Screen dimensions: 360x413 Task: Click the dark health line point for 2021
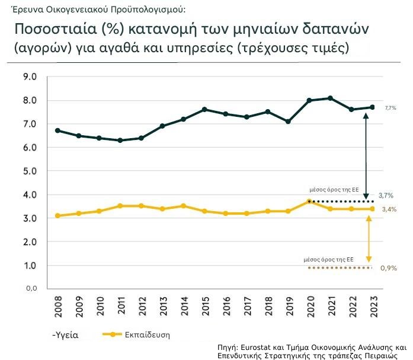pos(330,98)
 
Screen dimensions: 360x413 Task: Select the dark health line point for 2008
pos(57,130)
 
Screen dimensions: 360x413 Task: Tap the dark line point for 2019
pos(288,122)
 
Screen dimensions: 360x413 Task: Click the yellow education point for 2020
pos(309,202)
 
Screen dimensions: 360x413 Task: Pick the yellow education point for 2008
pos(57,216)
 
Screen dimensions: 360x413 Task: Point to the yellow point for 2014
pos(183,206)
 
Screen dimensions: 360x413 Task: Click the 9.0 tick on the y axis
pos(29,77)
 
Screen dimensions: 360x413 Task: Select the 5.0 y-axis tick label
pos(29,171)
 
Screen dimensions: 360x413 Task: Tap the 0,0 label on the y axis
pos(29,288)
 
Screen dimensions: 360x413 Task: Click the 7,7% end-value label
pos(390,108)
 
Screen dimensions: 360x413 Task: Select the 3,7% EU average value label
pos(386,195)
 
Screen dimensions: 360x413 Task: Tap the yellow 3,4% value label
pos(389,209)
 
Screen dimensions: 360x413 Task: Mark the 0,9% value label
pos(388,268)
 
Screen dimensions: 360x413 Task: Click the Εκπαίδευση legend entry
pos(147,334)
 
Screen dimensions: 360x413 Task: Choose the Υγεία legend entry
pos(66,335)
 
